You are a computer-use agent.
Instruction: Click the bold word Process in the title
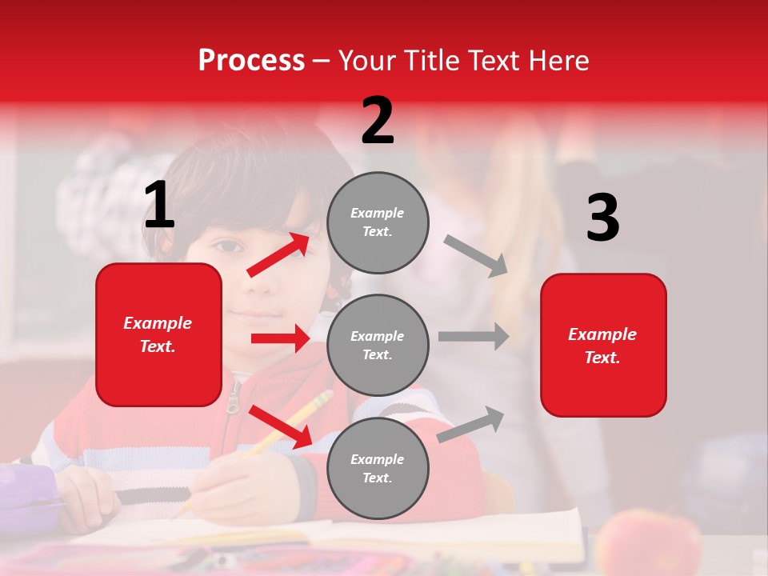[x=251, y=60]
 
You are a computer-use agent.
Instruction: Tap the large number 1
[x=158, y=206]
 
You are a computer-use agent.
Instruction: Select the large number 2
[x=378, y=121]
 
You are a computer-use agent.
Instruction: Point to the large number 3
[x=602, y=218]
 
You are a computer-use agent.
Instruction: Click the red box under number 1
[x=158, y=334]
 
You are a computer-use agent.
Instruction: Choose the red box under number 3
[x=603, y=345]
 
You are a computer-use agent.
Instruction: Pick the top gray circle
[x=378, y=222]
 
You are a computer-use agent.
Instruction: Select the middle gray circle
[x=378, y=345]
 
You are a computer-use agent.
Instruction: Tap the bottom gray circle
[x=378, y=468]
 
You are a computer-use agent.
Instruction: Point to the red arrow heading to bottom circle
[x=281, y=426]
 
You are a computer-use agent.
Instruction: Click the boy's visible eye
[x=229, y=245]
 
